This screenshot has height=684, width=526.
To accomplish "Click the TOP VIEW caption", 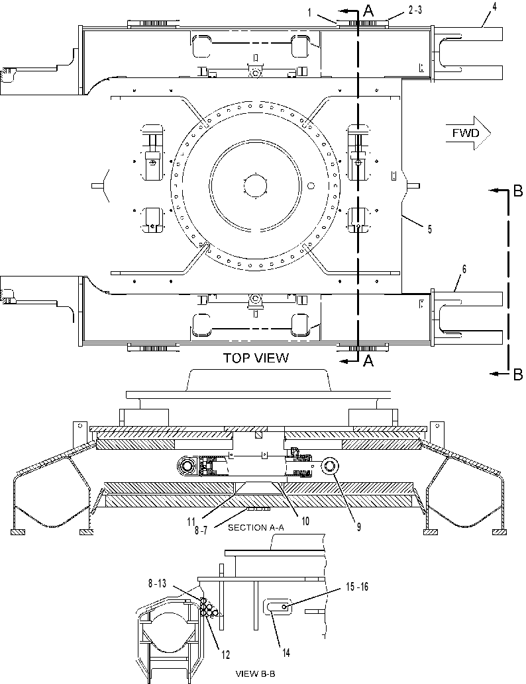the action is click(256, 358).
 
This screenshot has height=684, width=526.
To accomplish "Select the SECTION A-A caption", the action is click(256, 527).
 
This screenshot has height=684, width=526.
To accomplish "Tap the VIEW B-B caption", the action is click(256, 673).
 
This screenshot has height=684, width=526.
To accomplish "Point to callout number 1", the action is click(309, 13).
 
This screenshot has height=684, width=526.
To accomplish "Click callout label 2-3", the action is click(415, 11).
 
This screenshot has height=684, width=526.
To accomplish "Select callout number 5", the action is click(430, 229).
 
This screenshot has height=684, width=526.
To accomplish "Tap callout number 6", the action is click(464, 269).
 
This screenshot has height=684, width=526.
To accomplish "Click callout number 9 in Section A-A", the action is click(358, 527).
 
